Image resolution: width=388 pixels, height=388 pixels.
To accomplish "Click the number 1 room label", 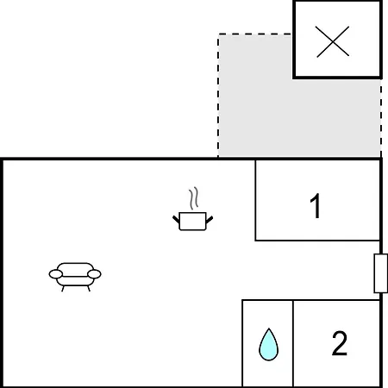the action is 316,206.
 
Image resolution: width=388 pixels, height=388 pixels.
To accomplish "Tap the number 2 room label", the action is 340,343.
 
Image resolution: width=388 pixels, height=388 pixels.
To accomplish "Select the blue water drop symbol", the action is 268,344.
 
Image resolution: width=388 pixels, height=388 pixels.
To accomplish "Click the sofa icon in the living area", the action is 75,277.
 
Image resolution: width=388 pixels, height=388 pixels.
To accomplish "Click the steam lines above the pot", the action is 194,198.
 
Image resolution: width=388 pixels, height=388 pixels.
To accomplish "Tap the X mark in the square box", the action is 333,42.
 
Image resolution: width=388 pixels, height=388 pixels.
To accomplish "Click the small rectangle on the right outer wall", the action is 381,273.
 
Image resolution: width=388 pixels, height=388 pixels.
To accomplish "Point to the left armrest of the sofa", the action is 56,274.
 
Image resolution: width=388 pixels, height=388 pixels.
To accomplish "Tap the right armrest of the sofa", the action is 94,274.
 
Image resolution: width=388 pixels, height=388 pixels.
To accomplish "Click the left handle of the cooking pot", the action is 176,220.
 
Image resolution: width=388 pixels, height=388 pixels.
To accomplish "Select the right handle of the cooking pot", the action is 210,220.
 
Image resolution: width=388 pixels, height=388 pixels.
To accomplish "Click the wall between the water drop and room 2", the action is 293,343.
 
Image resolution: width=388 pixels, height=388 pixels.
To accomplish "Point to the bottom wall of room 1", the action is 317,240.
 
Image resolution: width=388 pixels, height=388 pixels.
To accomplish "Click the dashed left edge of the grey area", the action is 218,96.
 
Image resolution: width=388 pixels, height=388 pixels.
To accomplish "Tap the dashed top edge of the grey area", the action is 255,34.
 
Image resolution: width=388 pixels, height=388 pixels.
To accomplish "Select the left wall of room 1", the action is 255,200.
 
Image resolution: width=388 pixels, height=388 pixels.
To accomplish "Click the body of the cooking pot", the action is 192,222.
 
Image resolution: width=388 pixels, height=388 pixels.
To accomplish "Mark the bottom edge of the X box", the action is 337,78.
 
